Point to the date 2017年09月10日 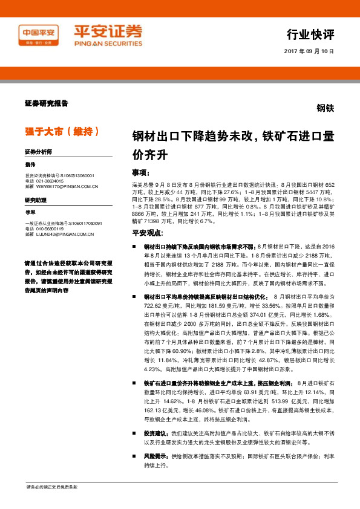click(309, 52)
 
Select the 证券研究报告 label click(47, 103)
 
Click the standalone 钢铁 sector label click(325, 108)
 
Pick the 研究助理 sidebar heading click(36, 199)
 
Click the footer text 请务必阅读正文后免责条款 click(52, 487)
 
